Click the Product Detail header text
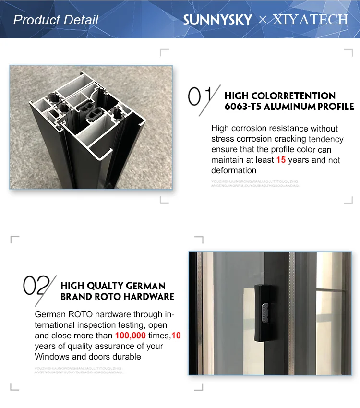tap(56, 20)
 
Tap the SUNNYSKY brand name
tap(217, 20)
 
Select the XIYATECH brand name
tap(310, 20)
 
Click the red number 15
tap(281, 160)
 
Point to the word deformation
tap(234, 170)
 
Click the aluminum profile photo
tap(91, 127)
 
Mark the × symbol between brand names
tap(262, 20)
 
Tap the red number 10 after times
tap(176, 336)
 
